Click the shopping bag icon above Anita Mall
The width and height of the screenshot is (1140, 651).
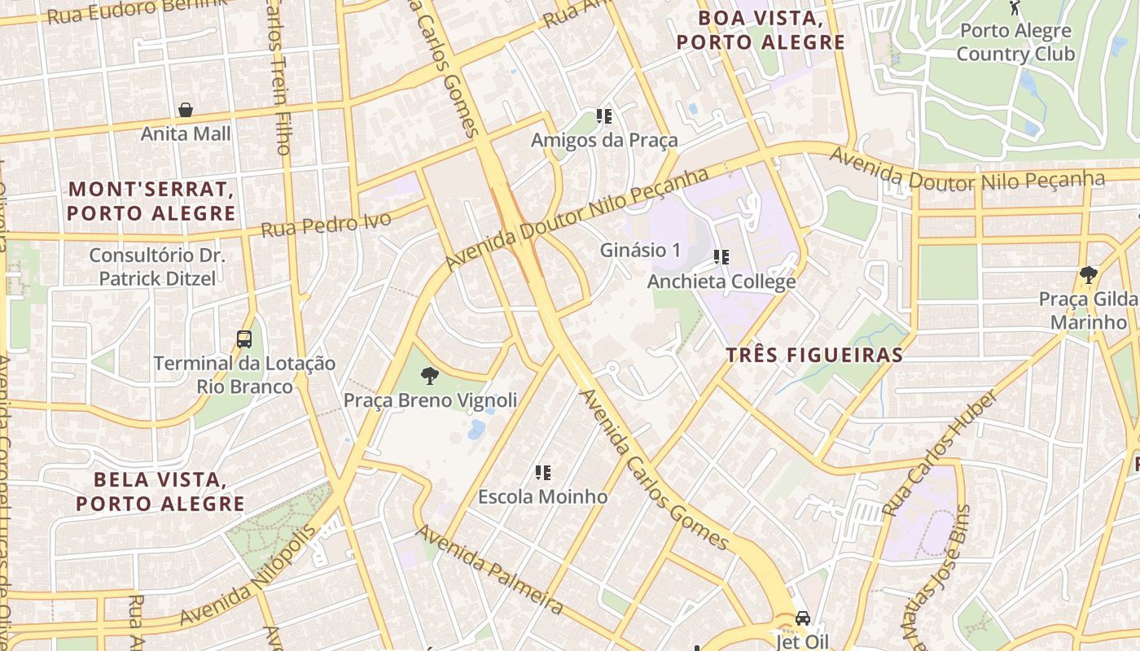point(186,110)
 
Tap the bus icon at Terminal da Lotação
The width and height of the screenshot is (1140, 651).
point(243,339)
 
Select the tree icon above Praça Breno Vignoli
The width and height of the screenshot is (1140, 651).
point(429,376)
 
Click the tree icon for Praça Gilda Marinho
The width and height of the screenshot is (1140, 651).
point(1088,274)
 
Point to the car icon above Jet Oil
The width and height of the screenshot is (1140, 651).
point(803,618)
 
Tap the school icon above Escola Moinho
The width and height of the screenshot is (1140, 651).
point(543,473)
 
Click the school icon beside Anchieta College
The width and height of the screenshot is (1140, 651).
point(721,258)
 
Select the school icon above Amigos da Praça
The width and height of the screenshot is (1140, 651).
point(604,116)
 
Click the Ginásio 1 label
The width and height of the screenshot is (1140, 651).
point(640,251)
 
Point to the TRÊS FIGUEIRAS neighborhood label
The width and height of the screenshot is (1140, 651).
point(814,355)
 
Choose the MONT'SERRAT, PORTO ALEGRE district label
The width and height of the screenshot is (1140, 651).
point(151,201)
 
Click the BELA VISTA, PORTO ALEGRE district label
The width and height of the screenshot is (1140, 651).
point(160,492)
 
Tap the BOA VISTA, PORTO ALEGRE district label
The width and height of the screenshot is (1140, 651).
point(761,30)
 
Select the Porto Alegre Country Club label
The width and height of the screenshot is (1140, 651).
point(1015,42)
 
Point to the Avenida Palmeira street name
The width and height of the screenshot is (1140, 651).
point(490,570)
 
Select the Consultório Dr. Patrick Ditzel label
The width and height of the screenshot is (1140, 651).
point(156,267)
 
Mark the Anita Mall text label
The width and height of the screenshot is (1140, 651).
point(186,133)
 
